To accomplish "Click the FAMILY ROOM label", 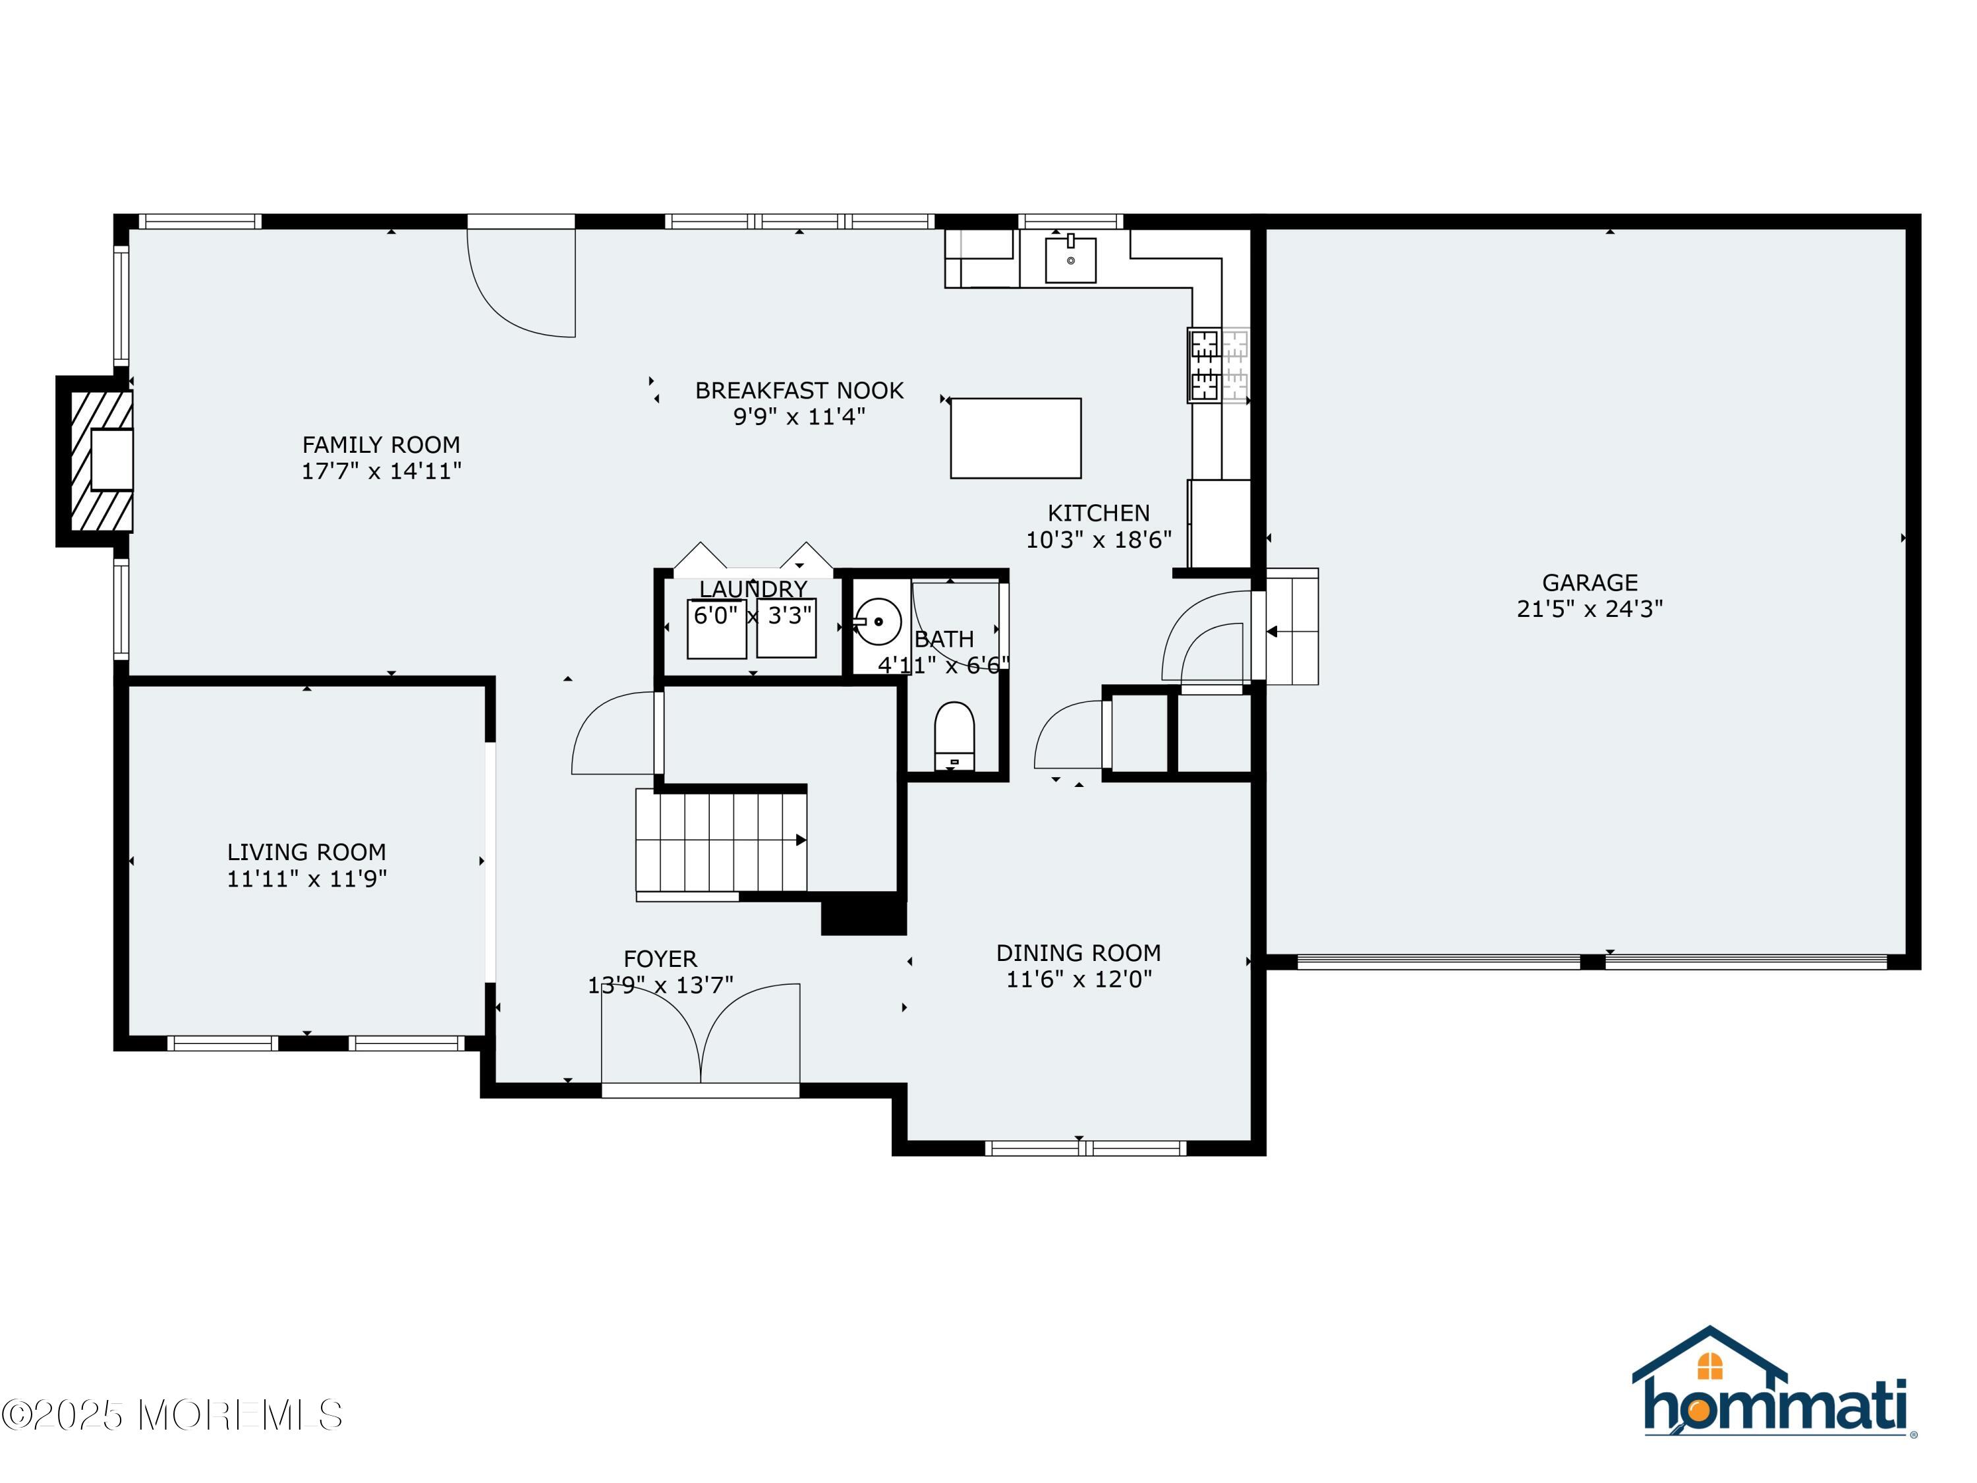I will pyautogui.click(x=381, y=445).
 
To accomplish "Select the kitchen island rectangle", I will pyautogui.click(x=1016, y=438).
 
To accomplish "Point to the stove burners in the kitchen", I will pyautogui.click(x=1205, y=364).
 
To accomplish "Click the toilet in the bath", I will pyautogui.click(x=954, y=735).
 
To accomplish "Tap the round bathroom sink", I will pyautogui.click(x=878, y=622).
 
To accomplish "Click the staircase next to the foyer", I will pyautogui.click(x=720, y=840).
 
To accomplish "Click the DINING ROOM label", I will pyautogui.click(x=1078, y=953).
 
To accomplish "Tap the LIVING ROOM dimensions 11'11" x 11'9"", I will pyautogui.click(x=306, y=879).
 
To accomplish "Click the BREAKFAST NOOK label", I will pyautogui.click(x=799, y=391).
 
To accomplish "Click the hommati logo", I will pyautogui.click(x=1773, y=1385).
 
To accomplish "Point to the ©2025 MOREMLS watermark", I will pyautogui.click(x=171, y=1415).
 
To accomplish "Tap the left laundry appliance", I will pyautogui.click(x=716, y=628).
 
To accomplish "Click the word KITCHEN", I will pyautogui.click(x=1099, y=513).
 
